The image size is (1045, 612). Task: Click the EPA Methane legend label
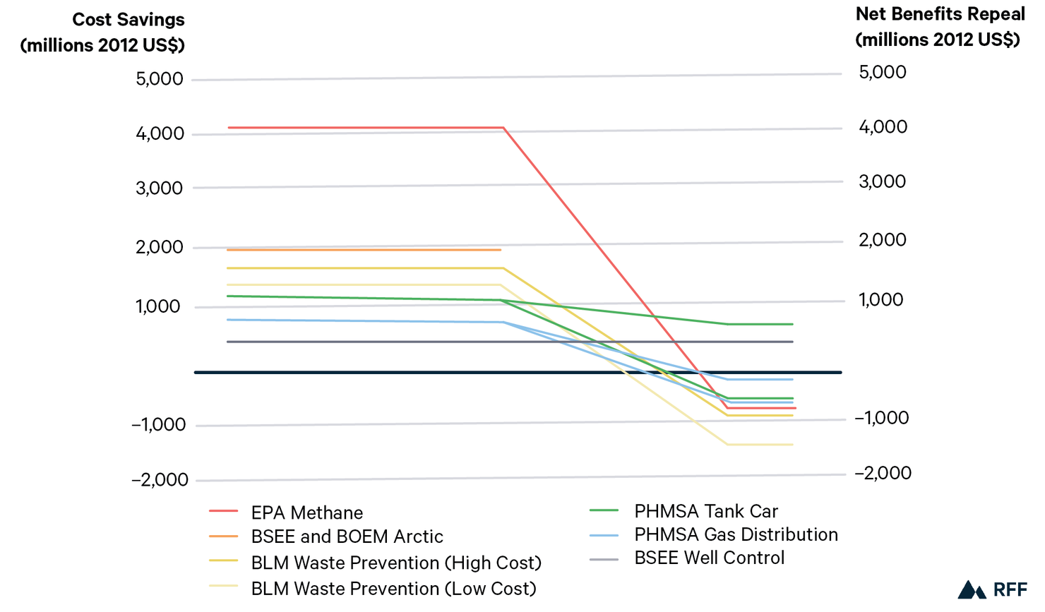(306, 512)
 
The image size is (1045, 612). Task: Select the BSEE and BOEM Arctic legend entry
(347, 536)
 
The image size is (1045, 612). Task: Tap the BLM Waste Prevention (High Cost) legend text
(396, 563)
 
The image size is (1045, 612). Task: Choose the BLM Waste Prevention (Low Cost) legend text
(393, 588)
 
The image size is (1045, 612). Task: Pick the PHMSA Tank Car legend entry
(705, 511)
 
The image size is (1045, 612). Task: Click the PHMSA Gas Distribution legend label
(736, 534)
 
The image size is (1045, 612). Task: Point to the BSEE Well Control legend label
(709, 558)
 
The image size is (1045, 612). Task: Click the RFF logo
(992, 589)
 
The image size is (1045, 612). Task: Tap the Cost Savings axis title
(102, 32)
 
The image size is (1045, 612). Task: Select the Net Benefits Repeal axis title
(940, 27)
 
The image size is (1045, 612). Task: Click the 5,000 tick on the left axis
(160, 79)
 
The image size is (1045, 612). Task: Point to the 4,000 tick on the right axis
(883, 127)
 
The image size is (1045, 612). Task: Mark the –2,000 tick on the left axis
(160, 480)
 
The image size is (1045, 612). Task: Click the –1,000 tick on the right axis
(883, 418)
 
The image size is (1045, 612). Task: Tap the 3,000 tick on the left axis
(160, 188)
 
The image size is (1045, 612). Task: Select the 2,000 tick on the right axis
(883, 240)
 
